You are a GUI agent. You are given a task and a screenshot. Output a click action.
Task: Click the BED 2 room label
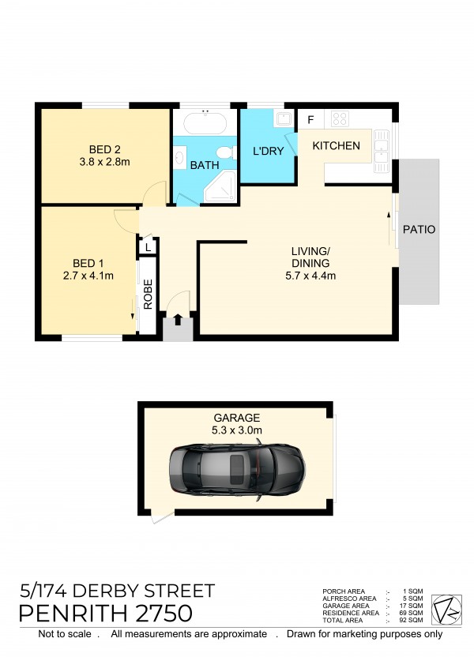(x=105, y=149)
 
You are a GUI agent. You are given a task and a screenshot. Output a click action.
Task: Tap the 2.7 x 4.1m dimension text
(x=88, y=276)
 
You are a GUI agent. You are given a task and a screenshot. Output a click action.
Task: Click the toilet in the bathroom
(x=227, y=152)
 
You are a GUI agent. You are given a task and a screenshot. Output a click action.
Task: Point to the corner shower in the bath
(x=220, y=187)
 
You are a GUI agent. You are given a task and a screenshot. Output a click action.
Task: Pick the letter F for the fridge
(x=310, y=120)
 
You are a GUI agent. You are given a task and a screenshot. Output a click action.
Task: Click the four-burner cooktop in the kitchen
(x=340, y=118)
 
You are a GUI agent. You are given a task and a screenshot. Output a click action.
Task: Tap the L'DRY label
(x=269, y=151)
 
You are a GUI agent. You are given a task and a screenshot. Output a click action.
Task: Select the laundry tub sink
(x=284, y=118)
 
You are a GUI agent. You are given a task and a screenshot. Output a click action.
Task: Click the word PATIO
(x=419, y=230)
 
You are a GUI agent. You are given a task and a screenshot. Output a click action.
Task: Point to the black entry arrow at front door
(x=178, y=319)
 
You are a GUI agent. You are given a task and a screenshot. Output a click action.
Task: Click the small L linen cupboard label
(x=148, y=248)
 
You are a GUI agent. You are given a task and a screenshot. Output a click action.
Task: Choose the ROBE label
(x=148, y=294)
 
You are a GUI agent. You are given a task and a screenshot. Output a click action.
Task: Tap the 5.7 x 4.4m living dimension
(x=310, y=276)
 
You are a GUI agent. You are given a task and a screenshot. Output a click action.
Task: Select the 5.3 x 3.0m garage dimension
(x=237, y=430)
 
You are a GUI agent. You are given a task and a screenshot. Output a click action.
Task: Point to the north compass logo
(x=447, y=610)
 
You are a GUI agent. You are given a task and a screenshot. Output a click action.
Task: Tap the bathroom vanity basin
(x=180, y=157)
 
